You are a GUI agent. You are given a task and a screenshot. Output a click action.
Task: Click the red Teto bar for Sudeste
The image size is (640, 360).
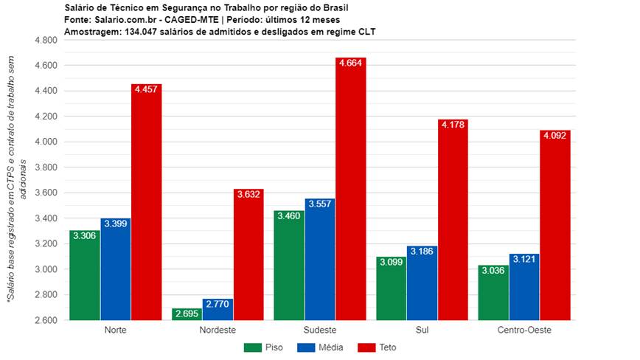350,192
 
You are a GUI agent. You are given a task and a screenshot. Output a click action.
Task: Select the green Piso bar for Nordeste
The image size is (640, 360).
187,314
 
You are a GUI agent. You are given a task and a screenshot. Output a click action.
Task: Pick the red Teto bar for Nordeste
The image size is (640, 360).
248,258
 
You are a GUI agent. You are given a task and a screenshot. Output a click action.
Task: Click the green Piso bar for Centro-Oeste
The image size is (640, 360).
493,295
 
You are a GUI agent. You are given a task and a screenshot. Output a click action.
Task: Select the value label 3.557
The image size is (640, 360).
319,204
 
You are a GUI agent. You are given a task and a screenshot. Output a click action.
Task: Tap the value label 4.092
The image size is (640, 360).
555,136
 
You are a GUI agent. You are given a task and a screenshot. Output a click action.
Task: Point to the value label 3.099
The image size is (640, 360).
392,262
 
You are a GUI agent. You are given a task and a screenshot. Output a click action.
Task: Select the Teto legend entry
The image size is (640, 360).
376,347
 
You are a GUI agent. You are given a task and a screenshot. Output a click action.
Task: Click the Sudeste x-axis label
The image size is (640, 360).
319,329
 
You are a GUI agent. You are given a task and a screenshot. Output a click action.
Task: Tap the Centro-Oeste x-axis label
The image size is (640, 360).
524,329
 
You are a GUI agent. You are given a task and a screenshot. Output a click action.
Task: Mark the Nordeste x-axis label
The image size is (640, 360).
218,329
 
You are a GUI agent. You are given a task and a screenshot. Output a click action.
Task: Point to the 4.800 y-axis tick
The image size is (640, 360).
46,41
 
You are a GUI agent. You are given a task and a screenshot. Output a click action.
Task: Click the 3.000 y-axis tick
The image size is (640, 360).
46,269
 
